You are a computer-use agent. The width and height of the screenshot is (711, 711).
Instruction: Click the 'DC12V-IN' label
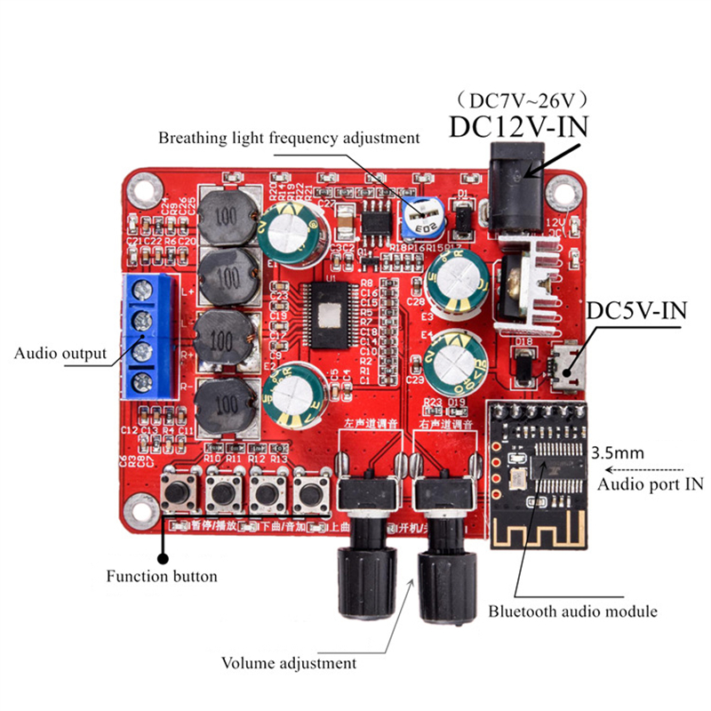coord(518,125)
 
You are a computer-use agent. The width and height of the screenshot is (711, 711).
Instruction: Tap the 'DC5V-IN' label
coord(639,311)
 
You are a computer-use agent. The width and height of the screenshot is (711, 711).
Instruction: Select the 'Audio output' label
coord(60,353)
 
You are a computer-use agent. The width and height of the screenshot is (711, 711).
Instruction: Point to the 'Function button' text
coord(162,576)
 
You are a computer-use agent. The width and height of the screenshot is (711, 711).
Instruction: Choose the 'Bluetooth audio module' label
coord(573,611)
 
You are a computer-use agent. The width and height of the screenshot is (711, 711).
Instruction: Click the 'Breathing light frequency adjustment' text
coord(288,138)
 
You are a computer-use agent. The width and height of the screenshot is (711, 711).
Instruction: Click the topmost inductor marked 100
coord(227,217)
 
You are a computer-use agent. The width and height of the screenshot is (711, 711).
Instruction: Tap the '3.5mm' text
coord(616,454)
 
